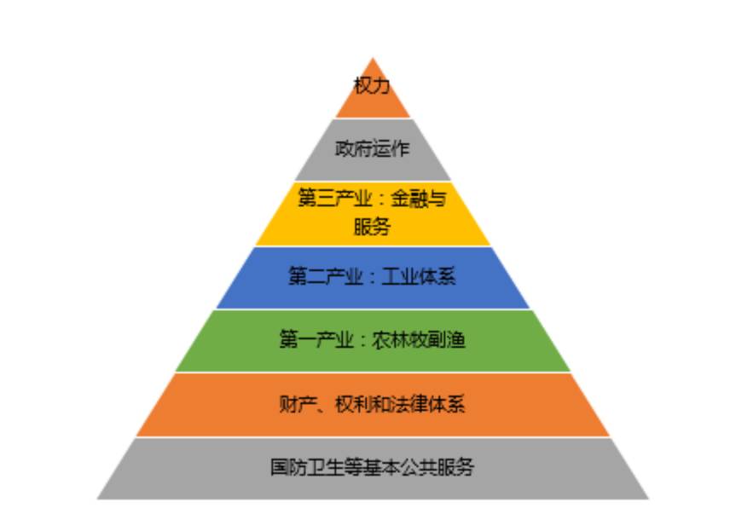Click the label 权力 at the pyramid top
[373, 85]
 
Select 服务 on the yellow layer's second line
[372, 227]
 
